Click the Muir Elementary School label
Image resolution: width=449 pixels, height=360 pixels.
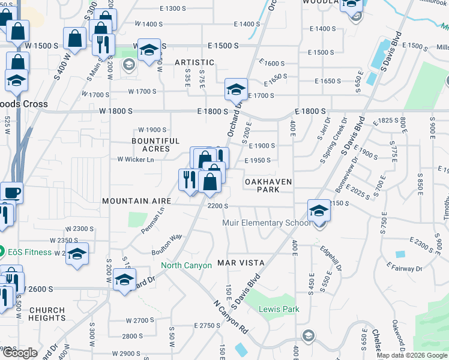[266, 223]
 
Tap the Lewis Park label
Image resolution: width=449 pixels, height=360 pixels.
[270, 310]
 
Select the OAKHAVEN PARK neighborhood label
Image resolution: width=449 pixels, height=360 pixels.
[268, 185]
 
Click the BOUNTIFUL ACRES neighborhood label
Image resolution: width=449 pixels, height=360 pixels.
[155, 145]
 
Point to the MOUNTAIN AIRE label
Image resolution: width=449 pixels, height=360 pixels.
[137, 201]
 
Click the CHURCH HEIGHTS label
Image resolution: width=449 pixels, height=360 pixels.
[47, 314]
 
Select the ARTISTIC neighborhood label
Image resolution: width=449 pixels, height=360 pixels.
[194, 62]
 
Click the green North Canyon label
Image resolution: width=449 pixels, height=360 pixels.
[186, 265]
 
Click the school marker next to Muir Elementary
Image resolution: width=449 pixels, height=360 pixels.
[319, 211]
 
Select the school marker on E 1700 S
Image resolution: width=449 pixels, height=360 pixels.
[236, 90]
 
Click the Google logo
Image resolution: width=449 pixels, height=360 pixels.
[20, 353]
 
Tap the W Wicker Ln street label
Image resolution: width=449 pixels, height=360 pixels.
[136, 159]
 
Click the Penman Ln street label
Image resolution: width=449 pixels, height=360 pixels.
[152, 221]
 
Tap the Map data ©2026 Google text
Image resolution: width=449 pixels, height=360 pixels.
[412, 355]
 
